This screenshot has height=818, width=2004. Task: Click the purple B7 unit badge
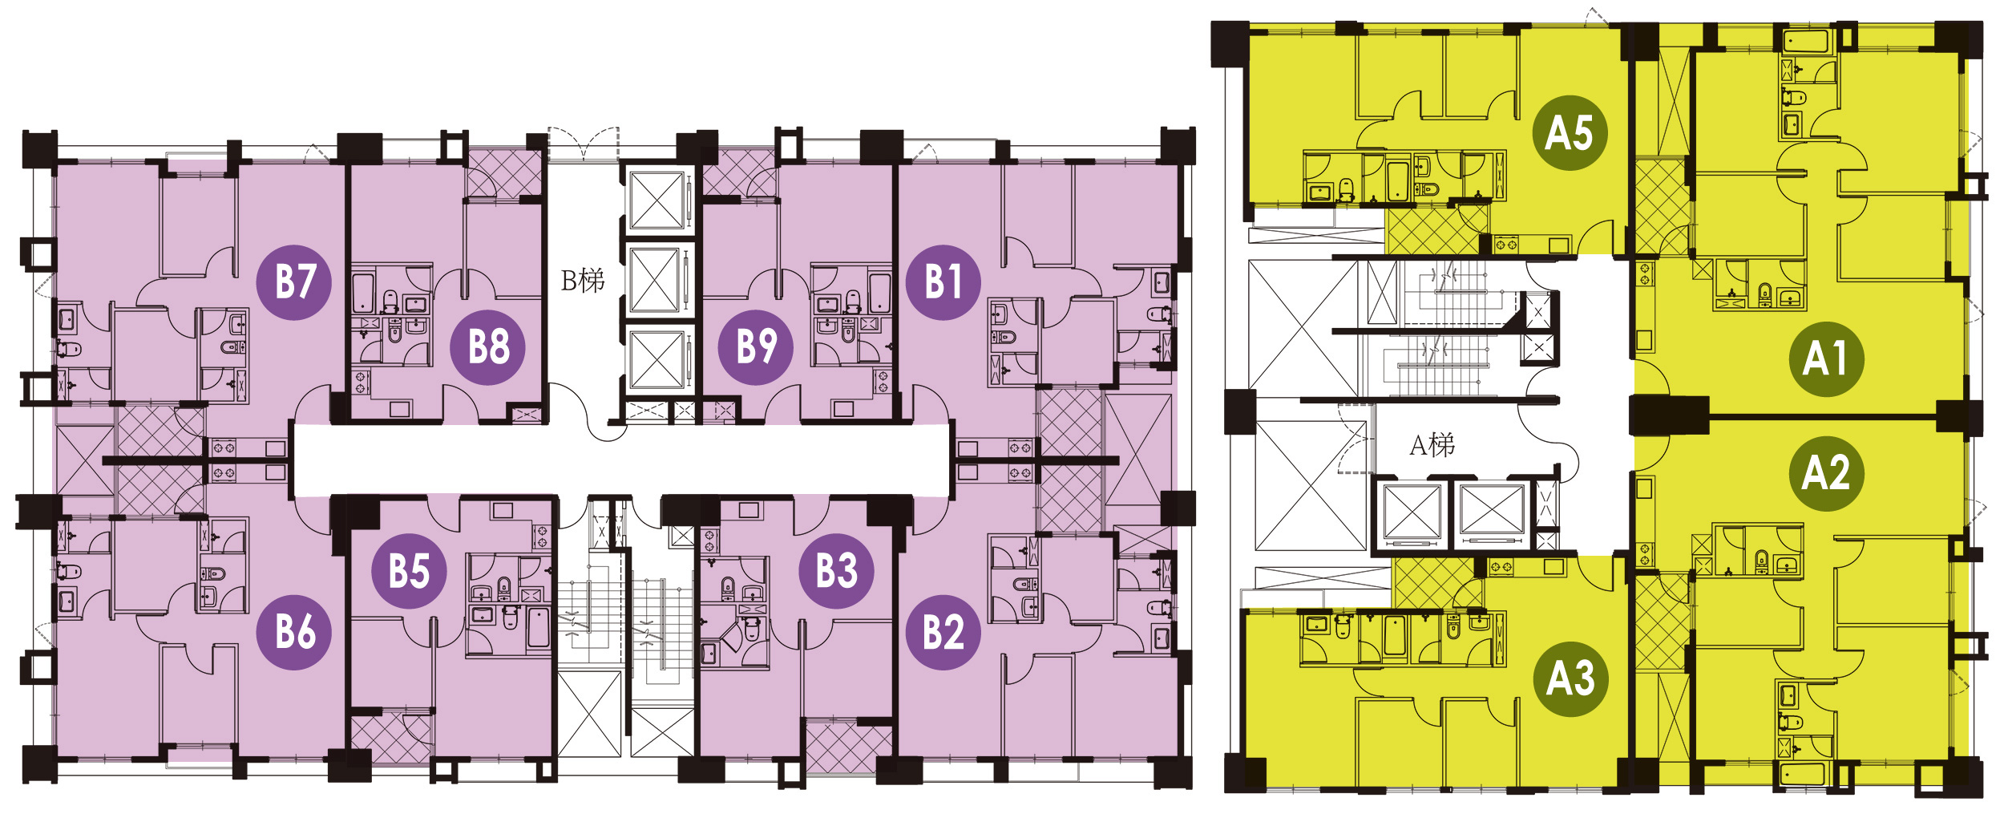pos(294,282)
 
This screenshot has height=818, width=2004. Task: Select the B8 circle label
pos(488,347)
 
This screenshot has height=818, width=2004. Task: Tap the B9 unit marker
pos(756,346)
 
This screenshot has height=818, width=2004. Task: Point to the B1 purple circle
pos(943,282)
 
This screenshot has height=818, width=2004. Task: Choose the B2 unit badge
pos(943,632)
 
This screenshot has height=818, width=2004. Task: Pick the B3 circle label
pos(837,571)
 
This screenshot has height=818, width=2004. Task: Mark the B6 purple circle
pos(294,632)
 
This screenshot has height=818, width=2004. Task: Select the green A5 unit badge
pos(1570,132)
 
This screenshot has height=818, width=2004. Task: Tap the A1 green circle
pos(1826,358)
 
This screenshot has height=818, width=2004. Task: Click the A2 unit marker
pos(1826,473)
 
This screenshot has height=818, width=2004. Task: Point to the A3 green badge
pos(1570,678)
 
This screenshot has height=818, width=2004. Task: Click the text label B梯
pos(583,281)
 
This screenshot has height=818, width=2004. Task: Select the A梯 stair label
pos(1432,445)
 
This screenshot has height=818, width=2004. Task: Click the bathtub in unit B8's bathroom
pos(363,293)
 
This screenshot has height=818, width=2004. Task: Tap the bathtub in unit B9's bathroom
pos(879,293)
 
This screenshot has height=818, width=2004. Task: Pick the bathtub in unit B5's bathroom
pos(539,627)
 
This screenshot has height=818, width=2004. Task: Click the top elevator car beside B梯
pos(656,200)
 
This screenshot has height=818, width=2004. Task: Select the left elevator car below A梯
pos(1412,512)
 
